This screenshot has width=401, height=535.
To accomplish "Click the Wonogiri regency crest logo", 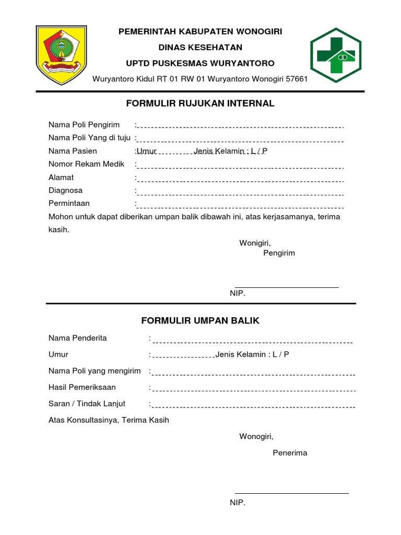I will pyautogui.click(x=59, y=54).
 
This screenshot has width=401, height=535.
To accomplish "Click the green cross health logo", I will pyautogui.click(x=335, y=55).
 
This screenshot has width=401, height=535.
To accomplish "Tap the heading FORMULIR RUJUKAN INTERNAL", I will pyautogui.click(x=200, y=103).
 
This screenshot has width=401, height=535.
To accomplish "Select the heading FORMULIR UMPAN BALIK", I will pyautogui.click(x=200, y=320).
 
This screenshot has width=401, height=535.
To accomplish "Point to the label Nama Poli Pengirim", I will pyautogui.click(x=84, y=125).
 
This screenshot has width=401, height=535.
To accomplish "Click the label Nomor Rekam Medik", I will pyautogui.click(x=87, y=164).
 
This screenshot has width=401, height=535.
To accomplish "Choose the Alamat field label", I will pyautogui.click(x=61, y=178).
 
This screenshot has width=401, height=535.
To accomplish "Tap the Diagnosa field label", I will pyautogui.click(x=65, y=191).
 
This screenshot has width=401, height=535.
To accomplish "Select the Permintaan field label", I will pyautogui.click(x=69, y=203).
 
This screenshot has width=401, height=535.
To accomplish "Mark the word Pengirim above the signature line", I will pyautogui.click(x=279, y=253).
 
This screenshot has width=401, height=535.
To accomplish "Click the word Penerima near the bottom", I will pyautogui.click(x=290, y=453).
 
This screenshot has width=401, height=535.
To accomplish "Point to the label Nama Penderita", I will pyautogui.click(x=78, y=338).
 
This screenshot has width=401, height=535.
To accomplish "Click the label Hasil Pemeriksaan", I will pyautogui.click(x=82, y=387).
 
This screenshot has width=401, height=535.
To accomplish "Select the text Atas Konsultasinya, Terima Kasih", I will pyautogui.click(x=109, y=420).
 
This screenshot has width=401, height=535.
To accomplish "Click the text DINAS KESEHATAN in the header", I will pyautogui.click(x=200, y=48).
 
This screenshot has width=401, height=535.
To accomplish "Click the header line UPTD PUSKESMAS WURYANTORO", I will pyautogui.click(x=200, y=63).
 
